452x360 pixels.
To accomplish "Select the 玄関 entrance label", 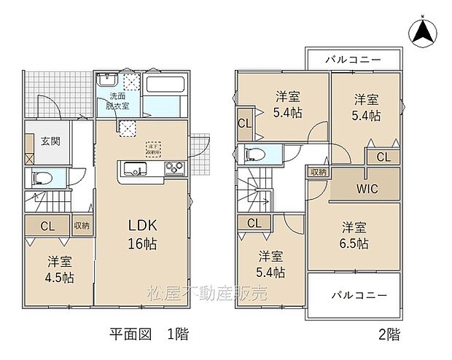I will click(x=50, y=141).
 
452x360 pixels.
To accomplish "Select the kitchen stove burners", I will click(x=176, y=171).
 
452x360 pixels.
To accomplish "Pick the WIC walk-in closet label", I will click(x=367, y=189).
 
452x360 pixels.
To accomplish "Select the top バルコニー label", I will click(x=353, y=58).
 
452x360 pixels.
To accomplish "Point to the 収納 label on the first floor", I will click(x=81, y=225).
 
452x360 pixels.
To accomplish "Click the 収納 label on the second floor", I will click(x=318, y=173).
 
